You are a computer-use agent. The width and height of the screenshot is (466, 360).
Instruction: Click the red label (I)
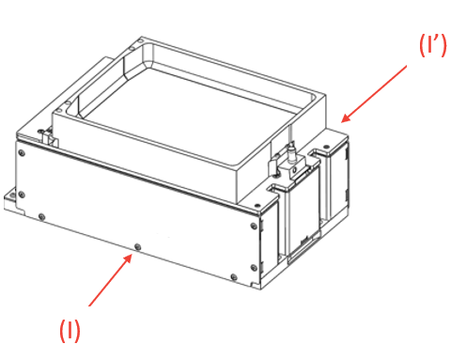tap(70, 331)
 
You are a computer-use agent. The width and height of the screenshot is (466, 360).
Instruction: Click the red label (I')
tap(433, 45)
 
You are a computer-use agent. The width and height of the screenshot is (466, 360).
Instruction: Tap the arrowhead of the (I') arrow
tap(346, 118)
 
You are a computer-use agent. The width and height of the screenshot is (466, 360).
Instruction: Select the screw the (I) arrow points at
tap(137, 247)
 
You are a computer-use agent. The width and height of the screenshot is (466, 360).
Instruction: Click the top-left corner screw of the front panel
tap(22, 153)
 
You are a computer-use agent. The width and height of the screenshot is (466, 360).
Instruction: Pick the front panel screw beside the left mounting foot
tap(22, 195)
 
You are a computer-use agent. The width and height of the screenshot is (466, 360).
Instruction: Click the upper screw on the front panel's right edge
tap(255, 226)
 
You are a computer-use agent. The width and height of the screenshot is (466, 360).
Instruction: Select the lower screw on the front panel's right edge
tap(255, 267)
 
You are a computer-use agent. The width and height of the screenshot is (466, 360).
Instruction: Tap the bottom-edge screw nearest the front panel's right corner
tap(234, 277)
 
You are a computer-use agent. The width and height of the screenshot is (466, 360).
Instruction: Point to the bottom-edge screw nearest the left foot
tap(41, 216)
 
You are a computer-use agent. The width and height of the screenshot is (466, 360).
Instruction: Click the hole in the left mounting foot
tap(12, 196)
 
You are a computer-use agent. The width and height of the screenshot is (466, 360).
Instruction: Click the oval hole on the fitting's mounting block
tap(294, 170)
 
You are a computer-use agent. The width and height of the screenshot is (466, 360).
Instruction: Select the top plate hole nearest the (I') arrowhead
tap(326, 147)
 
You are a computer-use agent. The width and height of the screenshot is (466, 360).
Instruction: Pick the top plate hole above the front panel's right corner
tap(257, 205)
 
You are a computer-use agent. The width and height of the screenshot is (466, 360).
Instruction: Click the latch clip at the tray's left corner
tap(46, 136)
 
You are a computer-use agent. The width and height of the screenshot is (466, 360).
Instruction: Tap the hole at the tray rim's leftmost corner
tap(58, 110)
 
